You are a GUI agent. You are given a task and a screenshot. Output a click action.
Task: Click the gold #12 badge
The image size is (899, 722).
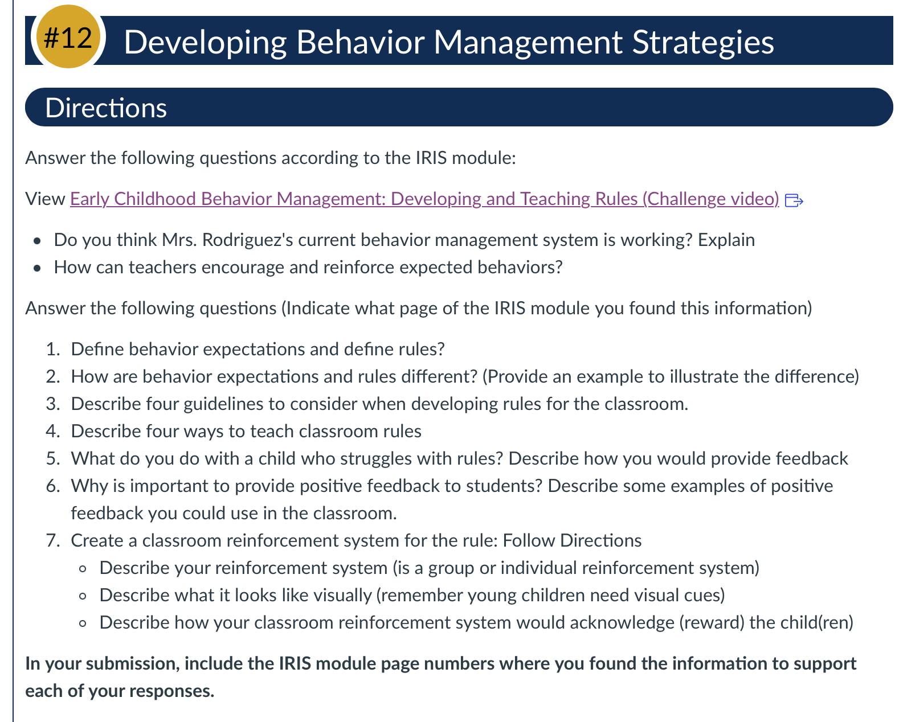pyautogui.click(x=68, y=36)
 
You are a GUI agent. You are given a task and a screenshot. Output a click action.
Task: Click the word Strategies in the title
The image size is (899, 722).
pyautogui.click(x=702, y=43)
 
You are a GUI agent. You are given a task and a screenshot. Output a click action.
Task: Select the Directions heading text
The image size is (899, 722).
pyautogui.click(x=106, y=108)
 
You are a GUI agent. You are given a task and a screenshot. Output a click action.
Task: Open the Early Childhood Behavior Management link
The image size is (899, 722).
pyautogui.click(x=424, y=199)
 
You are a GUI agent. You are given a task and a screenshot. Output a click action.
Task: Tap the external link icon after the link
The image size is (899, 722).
pyautogui.click(x=794, y=200)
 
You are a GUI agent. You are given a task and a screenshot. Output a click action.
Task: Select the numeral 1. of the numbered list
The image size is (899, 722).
pyautogui.click(x=53, y=349)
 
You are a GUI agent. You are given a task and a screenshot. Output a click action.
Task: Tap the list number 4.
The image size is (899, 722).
pyautogui.click(x=53, y=431)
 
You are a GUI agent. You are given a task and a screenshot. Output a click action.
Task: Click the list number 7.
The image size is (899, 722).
pyautogui.click(x=53, y=540)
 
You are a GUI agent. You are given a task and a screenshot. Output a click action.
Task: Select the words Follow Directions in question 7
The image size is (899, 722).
pyautogui.click(x=572, y=540)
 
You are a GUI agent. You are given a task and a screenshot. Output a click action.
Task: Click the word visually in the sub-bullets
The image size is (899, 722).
pyautogui.click(x=342, y=596)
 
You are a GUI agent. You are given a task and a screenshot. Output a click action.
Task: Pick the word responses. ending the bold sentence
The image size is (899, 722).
pyautogui.click(x=172, y=691)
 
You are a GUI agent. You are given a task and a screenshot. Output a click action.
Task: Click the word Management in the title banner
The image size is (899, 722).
pyautogui.click(x=528, y=43)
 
